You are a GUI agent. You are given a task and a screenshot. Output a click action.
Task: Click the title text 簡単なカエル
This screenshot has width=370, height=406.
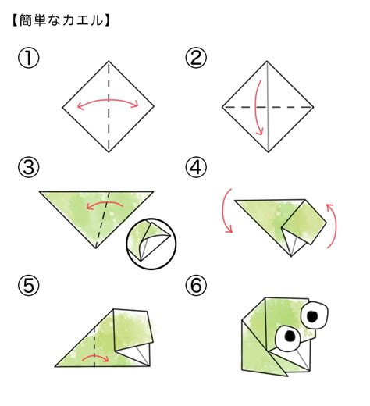tap(61, 20)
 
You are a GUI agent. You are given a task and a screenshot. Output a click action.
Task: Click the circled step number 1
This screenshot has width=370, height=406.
tap(29, 59)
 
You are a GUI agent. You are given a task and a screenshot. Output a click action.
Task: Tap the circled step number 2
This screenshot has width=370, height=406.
tap(196, 58)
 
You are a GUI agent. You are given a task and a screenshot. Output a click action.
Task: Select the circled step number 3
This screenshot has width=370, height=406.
tap(29, 167)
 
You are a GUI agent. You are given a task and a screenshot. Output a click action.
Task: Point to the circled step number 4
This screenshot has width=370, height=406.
tap(196, 167)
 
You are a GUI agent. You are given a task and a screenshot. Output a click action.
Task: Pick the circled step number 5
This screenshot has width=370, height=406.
tap(29, 285)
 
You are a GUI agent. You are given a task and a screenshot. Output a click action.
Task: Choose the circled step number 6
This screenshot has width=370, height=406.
tap(196, 285)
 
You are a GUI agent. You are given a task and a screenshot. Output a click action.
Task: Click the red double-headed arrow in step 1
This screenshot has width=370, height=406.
tap(108, 100)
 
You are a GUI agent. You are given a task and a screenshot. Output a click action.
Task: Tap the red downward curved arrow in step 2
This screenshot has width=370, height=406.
tap(256, 107)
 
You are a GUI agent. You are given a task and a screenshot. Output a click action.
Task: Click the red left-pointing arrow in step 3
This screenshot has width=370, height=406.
tap(105, 202)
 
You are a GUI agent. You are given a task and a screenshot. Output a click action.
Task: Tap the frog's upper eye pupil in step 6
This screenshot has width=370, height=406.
tap(312, 316)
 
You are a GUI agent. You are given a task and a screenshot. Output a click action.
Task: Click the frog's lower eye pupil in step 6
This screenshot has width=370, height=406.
tap(290, 337)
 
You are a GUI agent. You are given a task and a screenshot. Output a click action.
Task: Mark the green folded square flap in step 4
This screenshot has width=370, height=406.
tap(304, 223)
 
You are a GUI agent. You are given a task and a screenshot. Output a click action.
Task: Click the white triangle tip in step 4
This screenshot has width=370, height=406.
tap(291, 256)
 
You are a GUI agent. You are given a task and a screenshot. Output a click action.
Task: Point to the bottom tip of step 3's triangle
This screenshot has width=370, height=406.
tap(96, 248)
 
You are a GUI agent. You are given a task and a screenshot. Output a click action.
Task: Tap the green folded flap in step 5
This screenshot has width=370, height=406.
tap(133, 329)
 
